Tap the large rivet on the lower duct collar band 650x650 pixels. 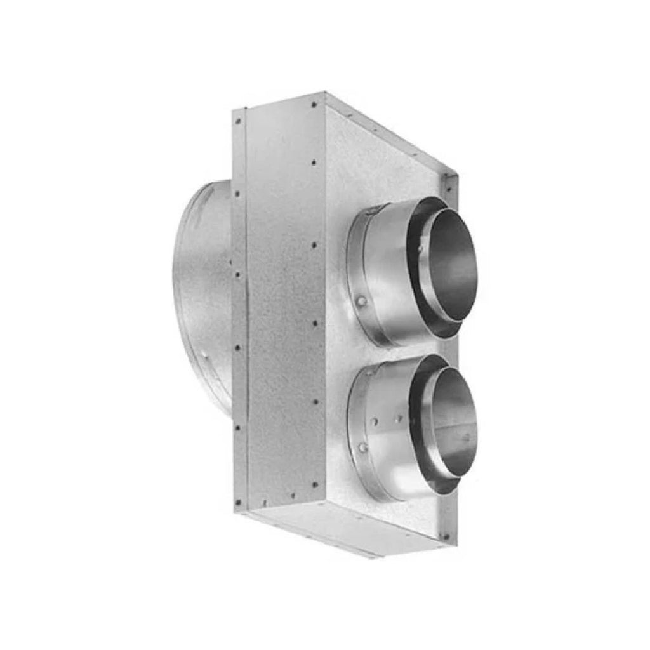(362, 449)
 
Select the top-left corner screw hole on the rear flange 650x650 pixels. (238, 120)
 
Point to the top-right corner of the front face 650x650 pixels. (456, 176)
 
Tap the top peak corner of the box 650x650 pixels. (325, 93)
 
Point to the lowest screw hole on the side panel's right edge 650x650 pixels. (315, 484)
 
